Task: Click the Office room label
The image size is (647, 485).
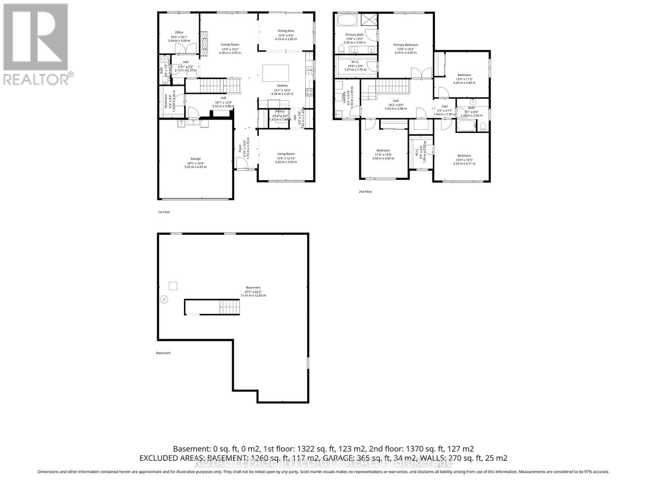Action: [179, 33]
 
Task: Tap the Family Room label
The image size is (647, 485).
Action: [230, 44]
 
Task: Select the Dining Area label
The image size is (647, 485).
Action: [285, 31]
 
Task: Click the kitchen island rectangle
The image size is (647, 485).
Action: [276, 74]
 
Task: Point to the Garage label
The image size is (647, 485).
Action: [195, 159]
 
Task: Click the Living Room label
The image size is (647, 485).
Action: [285, 154]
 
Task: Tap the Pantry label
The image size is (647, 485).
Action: [280, 112]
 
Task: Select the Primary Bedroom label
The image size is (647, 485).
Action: [406, 45]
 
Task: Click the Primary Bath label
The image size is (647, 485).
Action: [354, 35]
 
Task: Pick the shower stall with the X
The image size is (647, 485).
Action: [368, 19]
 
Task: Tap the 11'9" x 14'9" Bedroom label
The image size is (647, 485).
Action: [383, 150]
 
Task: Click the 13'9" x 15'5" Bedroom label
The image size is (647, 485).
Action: [464, 156]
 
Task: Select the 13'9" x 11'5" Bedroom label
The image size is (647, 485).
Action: [464, 75]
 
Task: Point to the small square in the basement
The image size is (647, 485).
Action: [173, 286]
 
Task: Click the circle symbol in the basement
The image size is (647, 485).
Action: [164, 299]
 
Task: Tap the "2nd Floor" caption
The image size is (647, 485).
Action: [365, 192]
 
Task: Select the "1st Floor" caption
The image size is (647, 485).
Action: [164, 212]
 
